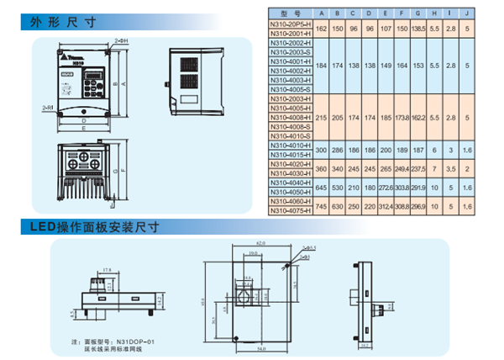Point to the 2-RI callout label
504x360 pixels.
coord(48,109)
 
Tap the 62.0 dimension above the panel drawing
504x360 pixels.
coord(260,242)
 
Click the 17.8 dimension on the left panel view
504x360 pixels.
coord(106,270)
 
